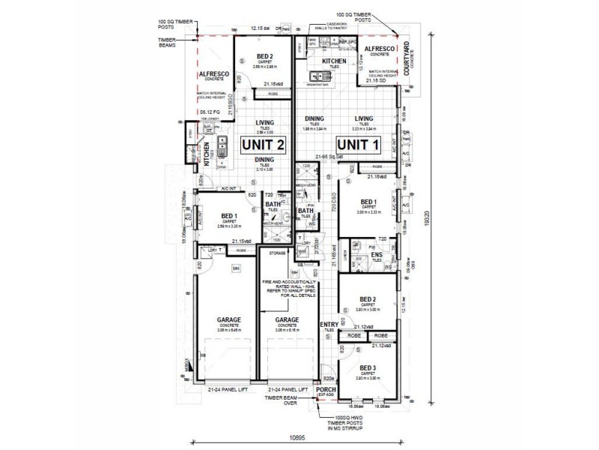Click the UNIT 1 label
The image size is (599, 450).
pyautogui.click(x=359, y=143)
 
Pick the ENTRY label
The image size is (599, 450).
pyautogui.click(x=328, y=324)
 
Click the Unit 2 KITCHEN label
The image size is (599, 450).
pyautogui.click(x=206, y=150)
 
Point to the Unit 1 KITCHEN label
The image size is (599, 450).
pyautogui.click(x=334, y=60)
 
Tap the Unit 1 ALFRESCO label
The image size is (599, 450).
pyautogui.click(x=380, y=49)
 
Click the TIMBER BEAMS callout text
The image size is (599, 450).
pyautogui.click(x=166, y=43)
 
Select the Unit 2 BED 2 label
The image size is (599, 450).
pyautogui.click(x=264, y=56)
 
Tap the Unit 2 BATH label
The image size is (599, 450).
pyautogui.click(x=273, y=204)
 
